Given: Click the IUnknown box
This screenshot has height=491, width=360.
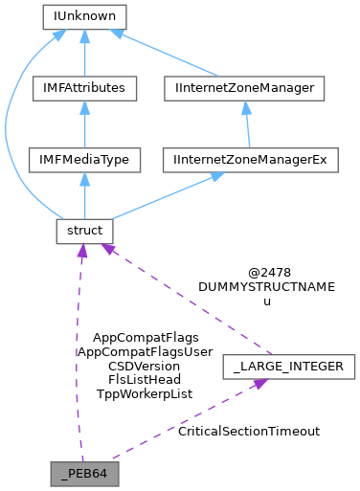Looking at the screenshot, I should pyautogui.click(x=85, y=16).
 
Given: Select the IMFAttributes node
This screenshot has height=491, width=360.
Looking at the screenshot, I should pyautogui.click(x=85, y=88).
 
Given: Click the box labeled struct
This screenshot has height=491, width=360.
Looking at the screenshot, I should pyautogui.click(x=85, y=232).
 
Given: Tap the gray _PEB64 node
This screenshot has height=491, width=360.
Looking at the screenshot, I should pyautogui.click(x=85, y=473).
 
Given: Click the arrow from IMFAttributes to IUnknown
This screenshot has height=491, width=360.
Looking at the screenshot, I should pyautogui.click(x=85, y=56).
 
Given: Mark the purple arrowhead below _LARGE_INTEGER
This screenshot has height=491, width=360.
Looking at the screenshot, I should pyautogui.click(x=258, y=384).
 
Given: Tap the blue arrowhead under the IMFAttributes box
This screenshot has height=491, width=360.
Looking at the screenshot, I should pyautogui.click(x=85, y=107).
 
